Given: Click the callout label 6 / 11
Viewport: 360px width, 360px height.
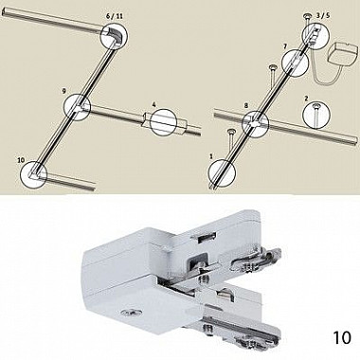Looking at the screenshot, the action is click(x=115, y=16).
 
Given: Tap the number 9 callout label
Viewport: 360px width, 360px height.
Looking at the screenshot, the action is click(x=63, y=91).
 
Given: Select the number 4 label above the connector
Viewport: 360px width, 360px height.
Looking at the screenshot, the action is click(x=153, y=104).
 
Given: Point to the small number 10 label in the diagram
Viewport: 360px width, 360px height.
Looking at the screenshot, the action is click(x=21, y=160).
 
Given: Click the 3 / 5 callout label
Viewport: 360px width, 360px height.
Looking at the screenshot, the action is click(x=323, y=16).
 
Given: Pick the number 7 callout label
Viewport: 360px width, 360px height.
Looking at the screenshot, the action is click(x=285, y=46).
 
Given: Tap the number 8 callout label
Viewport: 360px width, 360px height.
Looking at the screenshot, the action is click(x=246, y=106).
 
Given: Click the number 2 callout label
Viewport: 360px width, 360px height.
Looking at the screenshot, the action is click(x=306, y=99).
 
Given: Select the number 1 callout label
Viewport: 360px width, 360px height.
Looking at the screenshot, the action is click(x=211, y=156).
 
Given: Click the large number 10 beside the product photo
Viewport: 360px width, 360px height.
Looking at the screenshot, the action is click(x=342, y=337).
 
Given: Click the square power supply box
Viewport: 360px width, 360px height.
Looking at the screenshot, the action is click(x=344, y=57).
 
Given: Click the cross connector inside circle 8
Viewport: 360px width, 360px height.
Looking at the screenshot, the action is click(x=255, y=122).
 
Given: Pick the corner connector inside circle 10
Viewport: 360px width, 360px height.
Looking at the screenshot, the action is click(x=33, y=172).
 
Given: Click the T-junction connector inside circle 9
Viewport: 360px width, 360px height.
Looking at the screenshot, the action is click(x=79, y=106).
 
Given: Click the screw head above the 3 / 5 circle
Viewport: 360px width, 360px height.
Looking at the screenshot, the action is click(x=307, y=15).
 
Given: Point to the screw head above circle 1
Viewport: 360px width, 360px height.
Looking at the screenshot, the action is click(x=231, y=131).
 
